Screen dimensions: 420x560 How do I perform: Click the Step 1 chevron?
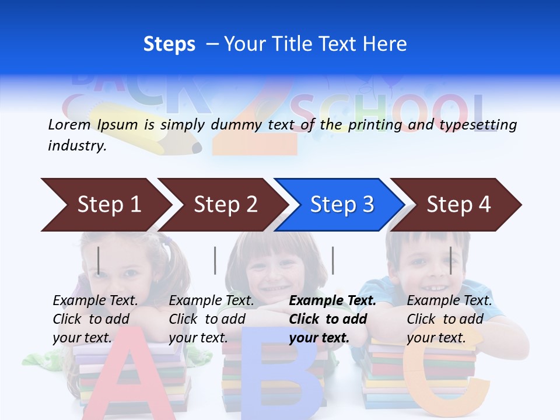(105, 205)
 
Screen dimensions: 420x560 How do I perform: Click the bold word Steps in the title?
(169, 44)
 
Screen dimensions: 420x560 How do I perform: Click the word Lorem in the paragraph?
(69, 124)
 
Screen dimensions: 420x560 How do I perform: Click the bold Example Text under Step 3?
(332, 301)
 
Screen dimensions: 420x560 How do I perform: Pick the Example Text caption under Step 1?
(95, 301)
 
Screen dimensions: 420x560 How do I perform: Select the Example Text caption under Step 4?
(449, 301)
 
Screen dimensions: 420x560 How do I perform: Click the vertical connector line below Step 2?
(215, 260)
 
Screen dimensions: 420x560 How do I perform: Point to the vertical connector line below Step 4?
(450, 260)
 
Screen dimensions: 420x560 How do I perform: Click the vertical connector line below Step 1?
(99, 260)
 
